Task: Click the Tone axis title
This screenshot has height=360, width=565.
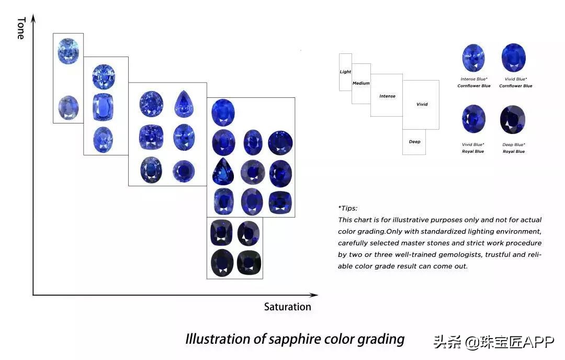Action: tap(21, 28)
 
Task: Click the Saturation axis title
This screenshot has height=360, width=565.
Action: tap(288, 307)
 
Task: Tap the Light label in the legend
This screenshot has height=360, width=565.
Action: tap(345, 72)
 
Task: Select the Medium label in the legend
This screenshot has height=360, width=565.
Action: tap(361, 83)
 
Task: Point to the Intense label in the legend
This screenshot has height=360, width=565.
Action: tap(387, 96)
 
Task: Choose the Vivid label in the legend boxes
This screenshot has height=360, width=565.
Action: tap(422, 104)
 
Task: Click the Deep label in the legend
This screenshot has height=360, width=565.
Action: tap(415, 142)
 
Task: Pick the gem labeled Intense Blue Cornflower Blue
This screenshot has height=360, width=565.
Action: tap(473, 58)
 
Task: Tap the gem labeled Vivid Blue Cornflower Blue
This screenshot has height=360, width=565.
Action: tap(514, 58)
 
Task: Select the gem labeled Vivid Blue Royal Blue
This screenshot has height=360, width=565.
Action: tap(473, 119)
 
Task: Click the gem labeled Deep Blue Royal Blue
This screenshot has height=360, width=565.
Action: tap(513, 120)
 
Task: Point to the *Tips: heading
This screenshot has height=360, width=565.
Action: tap(348, 208)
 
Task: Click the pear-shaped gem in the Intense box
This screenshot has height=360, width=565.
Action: tap(184, 104)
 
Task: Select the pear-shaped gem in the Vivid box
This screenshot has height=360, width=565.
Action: tap(223, 171)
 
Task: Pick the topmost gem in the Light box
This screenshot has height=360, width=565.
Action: tap(68, 51)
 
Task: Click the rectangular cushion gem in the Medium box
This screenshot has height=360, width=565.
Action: tap(103, 107)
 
